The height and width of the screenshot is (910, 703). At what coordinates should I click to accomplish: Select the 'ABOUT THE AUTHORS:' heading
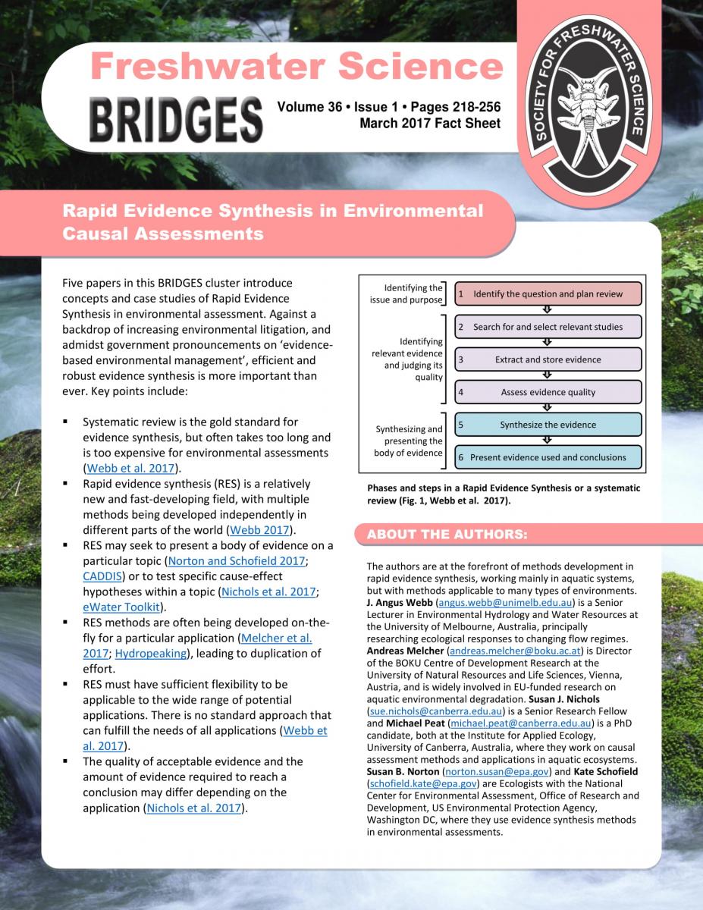447,535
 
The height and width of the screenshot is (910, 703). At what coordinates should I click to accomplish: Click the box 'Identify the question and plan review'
548,294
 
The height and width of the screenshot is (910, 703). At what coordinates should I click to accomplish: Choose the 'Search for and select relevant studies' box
548,327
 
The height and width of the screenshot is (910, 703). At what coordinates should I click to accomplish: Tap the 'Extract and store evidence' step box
548,359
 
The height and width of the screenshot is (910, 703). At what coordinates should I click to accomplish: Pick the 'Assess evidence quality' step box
548,392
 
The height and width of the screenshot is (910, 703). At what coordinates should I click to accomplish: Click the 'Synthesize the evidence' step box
548,425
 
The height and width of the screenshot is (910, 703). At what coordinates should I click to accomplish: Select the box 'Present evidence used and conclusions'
548,457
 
